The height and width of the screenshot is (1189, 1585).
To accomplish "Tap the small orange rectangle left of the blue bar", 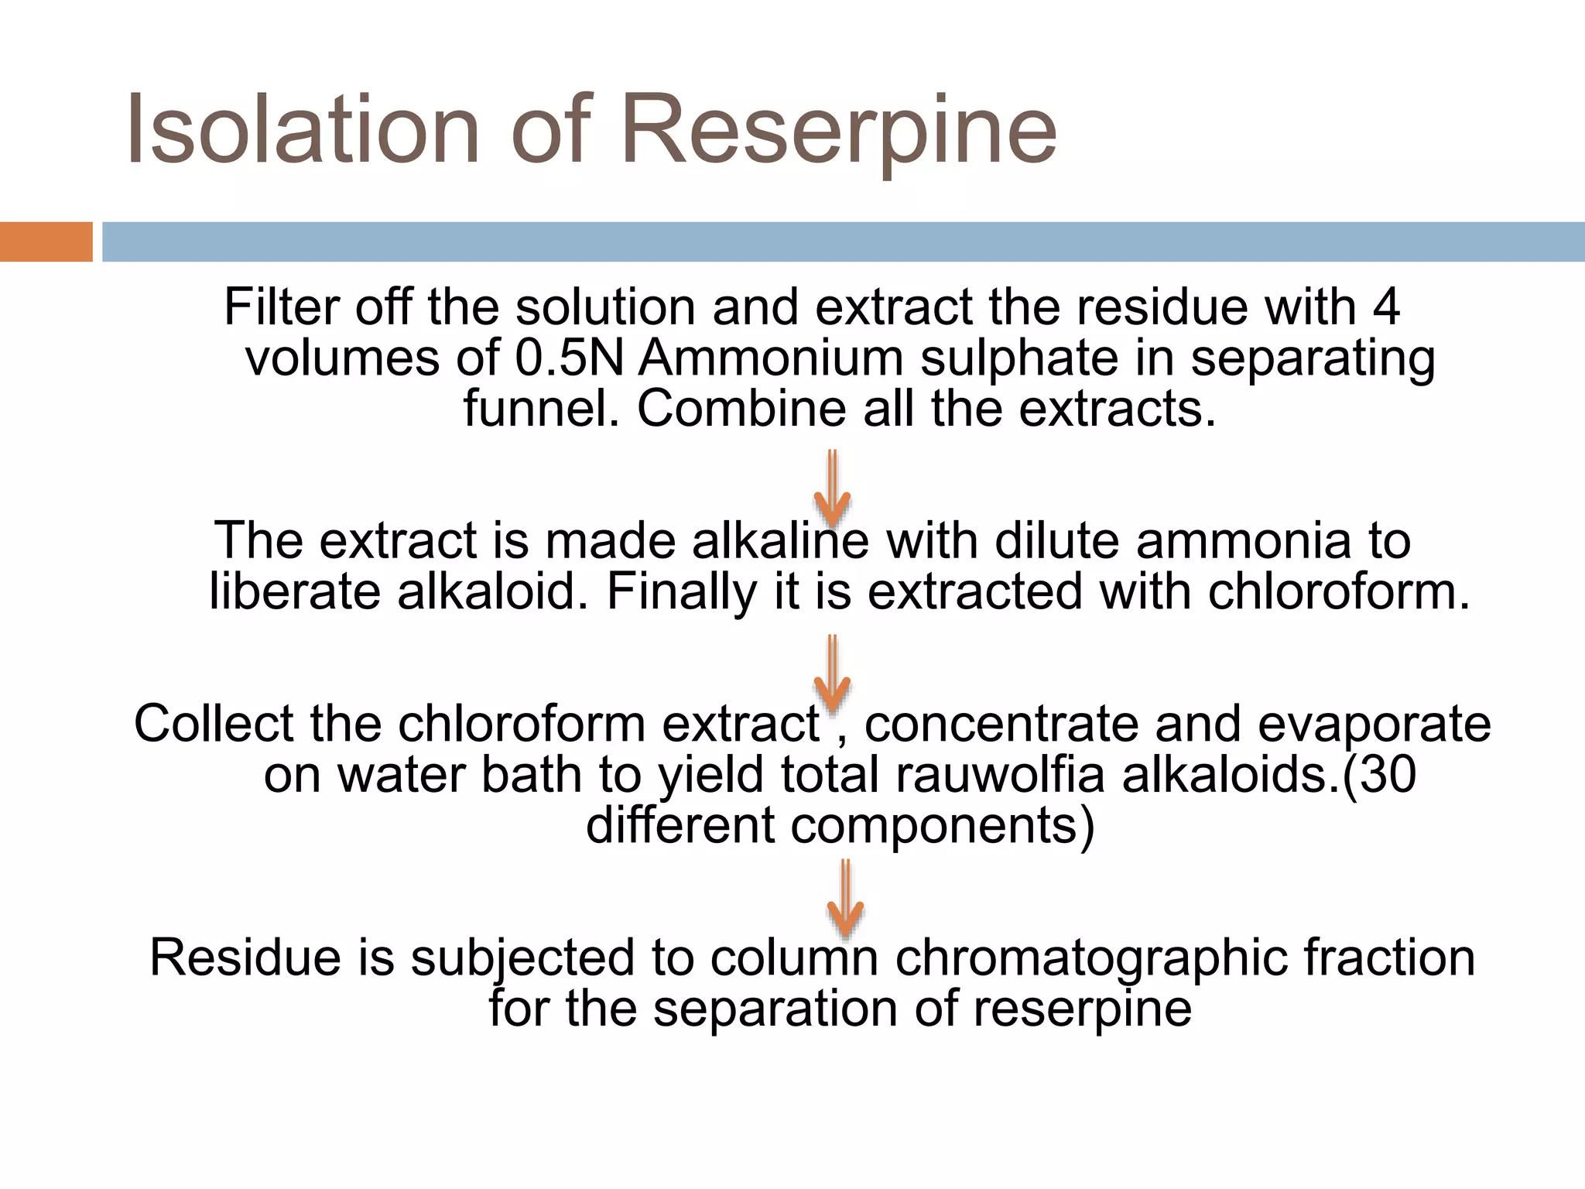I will coord(46,242).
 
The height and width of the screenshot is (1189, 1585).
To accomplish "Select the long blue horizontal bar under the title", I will coord(843,242).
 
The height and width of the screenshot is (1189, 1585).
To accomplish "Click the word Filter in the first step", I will coord(282,307).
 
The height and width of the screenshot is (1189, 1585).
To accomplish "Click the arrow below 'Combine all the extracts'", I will coord(833,488).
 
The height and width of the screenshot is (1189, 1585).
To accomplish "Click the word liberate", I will coord(295,591).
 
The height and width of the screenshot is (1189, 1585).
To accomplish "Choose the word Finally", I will coord(681,593).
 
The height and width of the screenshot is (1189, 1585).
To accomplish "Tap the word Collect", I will coord(214,724).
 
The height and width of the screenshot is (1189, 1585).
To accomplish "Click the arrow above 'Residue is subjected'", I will coord(846,898).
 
